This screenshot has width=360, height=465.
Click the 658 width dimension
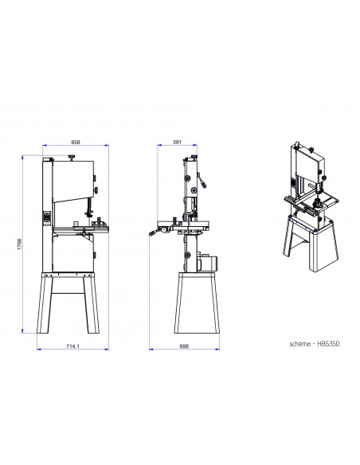pyautogui.click(x=76, y=142)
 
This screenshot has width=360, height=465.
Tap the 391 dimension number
pyautogui.click(x=177, y=142)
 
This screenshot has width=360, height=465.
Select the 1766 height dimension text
pyautogui.click(x=20, y=244)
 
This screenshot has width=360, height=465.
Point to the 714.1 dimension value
pyautogui.click(x=72, y=346)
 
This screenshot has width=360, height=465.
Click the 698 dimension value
pyautogui.click(x=184, y=346)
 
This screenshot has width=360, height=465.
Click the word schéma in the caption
pyautogui.click(x=299, y=344)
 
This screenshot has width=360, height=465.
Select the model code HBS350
pyautogui.click(x=328, y=344)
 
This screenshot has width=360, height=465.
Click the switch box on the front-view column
pyautogui.click(x=47, y=218)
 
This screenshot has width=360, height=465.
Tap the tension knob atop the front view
pyautogui.click(x=72, y=157)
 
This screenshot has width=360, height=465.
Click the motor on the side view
pyautogui.click(x=208, y=262)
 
